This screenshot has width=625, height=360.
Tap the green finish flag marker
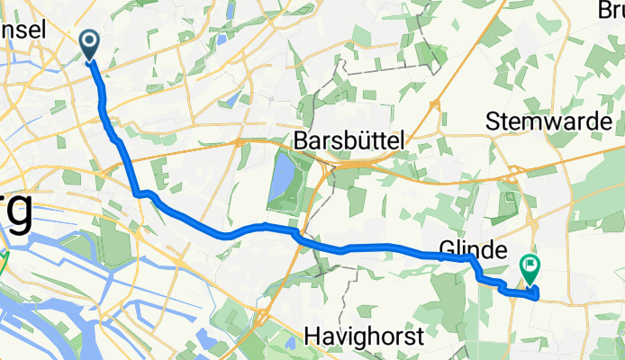click(x=529, y=267)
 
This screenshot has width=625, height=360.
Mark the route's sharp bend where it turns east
click(x=138, y=193)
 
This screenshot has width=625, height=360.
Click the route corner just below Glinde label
click(x=471, y=259)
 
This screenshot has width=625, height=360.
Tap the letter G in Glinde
click(x=446, y=247)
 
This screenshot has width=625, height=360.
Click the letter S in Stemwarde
click(x=494, y=121)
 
